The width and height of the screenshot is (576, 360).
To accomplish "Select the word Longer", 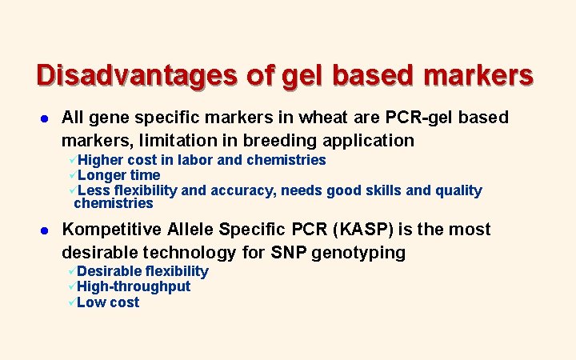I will tap(103, 175).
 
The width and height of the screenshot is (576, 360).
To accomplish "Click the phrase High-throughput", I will tap(134, 286).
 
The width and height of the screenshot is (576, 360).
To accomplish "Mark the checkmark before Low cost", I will tap(72, 302).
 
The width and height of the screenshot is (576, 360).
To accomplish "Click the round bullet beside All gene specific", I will tap(42, 118).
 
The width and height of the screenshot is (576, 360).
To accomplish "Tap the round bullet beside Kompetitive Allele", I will tap(42, 230).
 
